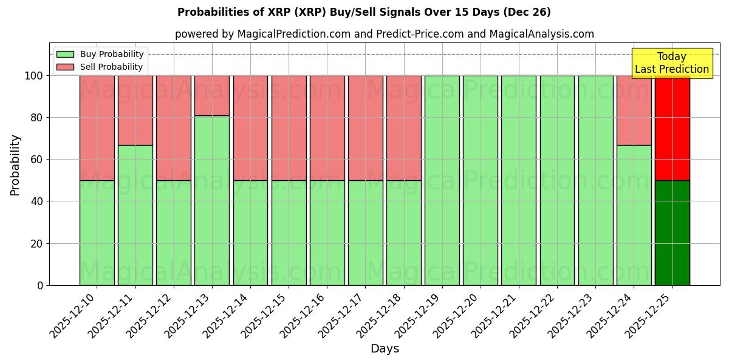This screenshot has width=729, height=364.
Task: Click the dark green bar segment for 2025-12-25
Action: point(672,232)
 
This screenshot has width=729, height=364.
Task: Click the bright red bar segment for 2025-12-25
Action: point(672,128)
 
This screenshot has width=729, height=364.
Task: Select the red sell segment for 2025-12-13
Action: point(212,95)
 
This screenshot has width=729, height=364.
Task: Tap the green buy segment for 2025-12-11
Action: point(135,215)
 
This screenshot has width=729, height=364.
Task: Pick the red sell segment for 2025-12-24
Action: point(634,110)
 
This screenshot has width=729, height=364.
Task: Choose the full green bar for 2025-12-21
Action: point(518,180)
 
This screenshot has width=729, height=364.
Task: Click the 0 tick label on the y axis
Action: point(40,285)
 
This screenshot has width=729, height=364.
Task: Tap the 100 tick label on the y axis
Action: point(34,76)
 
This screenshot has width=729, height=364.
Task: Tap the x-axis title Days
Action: point(385,349)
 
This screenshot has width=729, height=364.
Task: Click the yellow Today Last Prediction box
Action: point(671,63)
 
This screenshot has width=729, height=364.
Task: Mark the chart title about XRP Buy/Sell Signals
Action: point(364,12)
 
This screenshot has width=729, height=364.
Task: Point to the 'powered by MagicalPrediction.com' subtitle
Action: point(384,34)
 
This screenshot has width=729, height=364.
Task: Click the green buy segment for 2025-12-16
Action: point(327,232)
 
